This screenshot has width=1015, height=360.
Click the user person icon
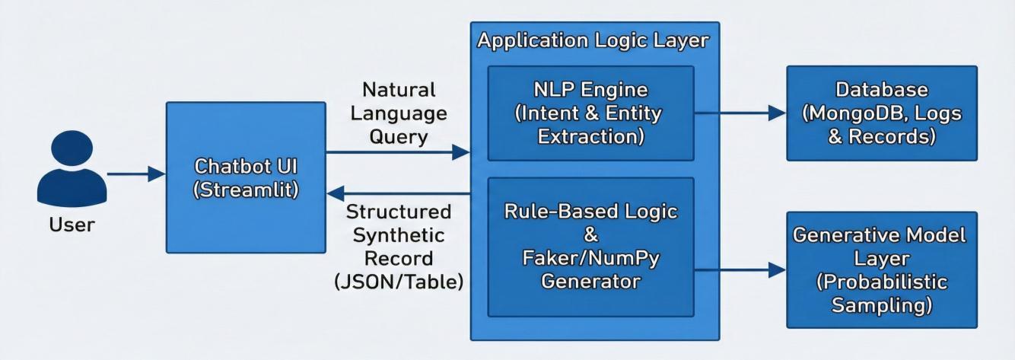point(72,169)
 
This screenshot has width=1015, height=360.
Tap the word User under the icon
point(72,225)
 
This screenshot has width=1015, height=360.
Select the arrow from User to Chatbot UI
point(136,174)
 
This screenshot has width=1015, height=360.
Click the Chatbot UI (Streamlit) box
point(246,177)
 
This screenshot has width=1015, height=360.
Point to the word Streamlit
point(246,190)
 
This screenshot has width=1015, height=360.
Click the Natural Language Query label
point(399,113)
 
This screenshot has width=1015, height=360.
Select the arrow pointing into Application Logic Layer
point(398,152)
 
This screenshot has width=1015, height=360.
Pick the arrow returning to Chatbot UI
point(398,193)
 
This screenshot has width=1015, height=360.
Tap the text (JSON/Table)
point(399,282)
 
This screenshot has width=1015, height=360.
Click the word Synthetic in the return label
point(399,235)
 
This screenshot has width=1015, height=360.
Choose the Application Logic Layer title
point(593,41)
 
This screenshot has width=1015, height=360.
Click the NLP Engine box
point(591,113)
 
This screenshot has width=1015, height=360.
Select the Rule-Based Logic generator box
point(591,247)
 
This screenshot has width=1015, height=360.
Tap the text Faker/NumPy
point(591,259)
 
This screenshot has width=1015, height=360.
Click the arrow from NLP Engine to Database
point(740,113)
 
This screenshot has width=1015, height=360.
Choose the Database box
point(882,113)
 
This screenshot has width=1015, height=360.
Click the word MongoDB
point(857,113)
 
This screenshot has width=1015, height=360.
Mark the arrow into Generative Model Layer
point(740,270)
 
